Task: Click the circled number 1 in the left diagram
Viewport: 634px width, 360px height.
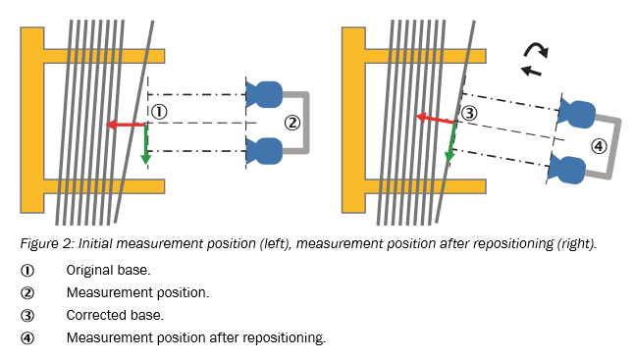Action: [159, 112]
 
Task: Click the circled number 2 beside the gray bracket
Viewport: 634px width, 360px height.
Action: [292, 123]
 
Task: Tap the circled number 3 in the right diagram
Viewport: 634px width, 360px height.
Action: [469, 114]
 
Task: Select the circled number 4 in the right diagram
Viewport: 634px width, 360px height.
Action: [599, 146]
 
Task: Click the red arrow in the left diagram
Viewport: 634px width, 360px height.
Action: [126, 125]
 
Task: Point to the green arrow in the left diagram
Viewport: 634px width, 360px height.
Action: [145, 144]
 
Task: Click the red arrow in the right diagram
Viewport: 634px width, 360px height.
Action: [437, 120]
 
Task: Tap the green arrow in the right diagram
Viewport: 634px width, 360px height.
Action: [451, 142]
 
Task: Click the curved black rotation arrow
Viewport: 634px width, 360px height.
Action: [536, 48]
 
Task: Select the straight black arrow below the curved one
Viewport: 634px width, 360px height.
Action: [531, 71]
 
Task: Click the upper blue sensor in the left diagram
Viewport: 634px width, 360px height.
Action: [264, 94]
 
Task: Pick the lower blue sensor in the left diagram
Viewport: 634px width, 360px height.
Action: [264, 151]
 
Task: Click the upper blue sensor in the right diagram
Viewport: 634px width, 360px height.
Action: [576, 114]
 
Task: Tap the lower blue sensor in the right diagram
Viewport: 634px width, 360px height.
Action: [566, 170]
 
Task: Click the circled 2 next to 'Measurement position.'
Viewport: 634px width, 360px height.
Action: [27, 292]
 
